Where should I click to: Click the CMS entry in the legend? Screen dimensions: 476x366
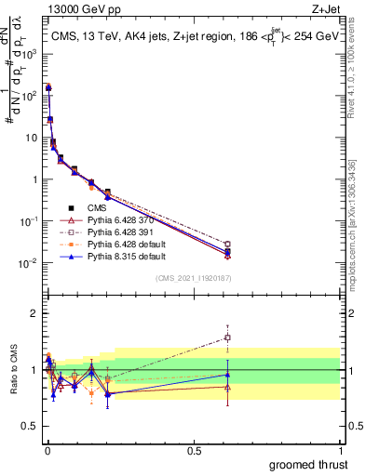coord(98,208)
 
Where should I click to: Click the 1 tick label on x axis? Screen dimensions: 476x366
coord(341,448)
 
